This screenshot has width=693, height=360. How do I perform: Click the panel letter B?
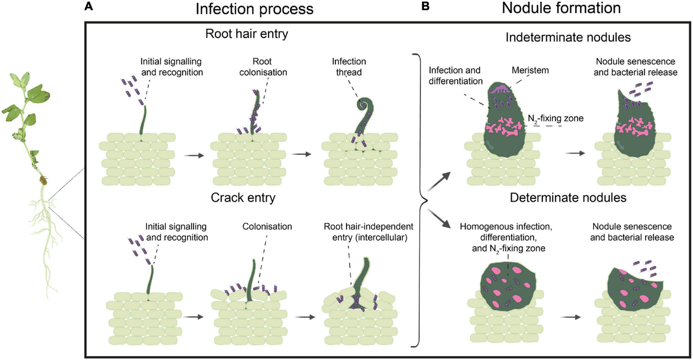point(426,6)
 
